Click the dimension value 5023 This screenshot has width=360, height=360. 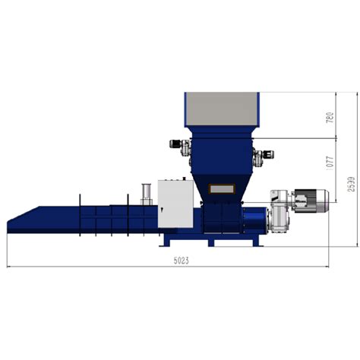(x=181, y=261)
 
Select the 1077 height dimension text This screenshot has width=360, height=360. (x=330, y=161)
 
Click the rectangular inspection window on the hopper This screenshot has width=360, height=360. (x=222, y=187)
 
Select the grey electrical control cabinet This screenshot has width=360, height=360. (x=175, y=203)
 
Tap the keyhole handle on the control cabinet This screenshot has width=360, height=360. (x=160, y=204)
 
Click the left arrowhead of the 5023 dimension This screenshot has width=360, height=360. (x=8, y=267)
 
